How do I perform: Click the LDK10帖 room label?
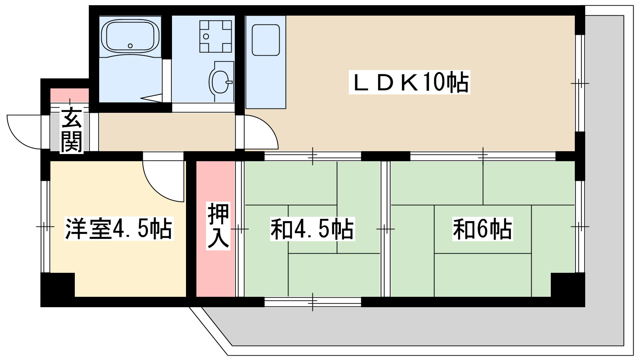[x=409, y=82]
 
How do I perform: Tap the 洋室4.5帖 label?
[x=119, y=229]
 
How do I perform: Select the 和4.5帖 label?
[x=312, y=229]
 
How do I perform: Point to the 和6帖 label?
[x=482, y=229]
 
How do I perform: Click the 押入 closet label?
[x=218, y=226]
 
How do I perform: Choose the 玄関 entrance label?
[x=71, y=130]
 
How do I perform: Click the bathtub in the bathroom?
[x=130, y=36]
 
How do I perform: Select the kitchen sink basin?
[x=266, y=40]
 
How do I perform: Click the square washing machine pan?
[x=216, y=36]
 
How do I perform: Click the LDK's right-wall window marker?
[x=580, y=83]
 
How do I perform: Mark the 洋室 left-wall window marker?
[x=45, y=227]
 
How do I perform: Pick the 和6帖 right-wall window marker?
[x=580, y=227]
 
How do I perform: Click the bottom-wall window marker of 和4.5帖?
[x=313, y=302]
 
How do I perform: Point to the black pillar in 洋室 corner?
[x=58, y=285]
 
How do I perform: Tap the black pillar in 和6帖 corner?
[x=567, y=285]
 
